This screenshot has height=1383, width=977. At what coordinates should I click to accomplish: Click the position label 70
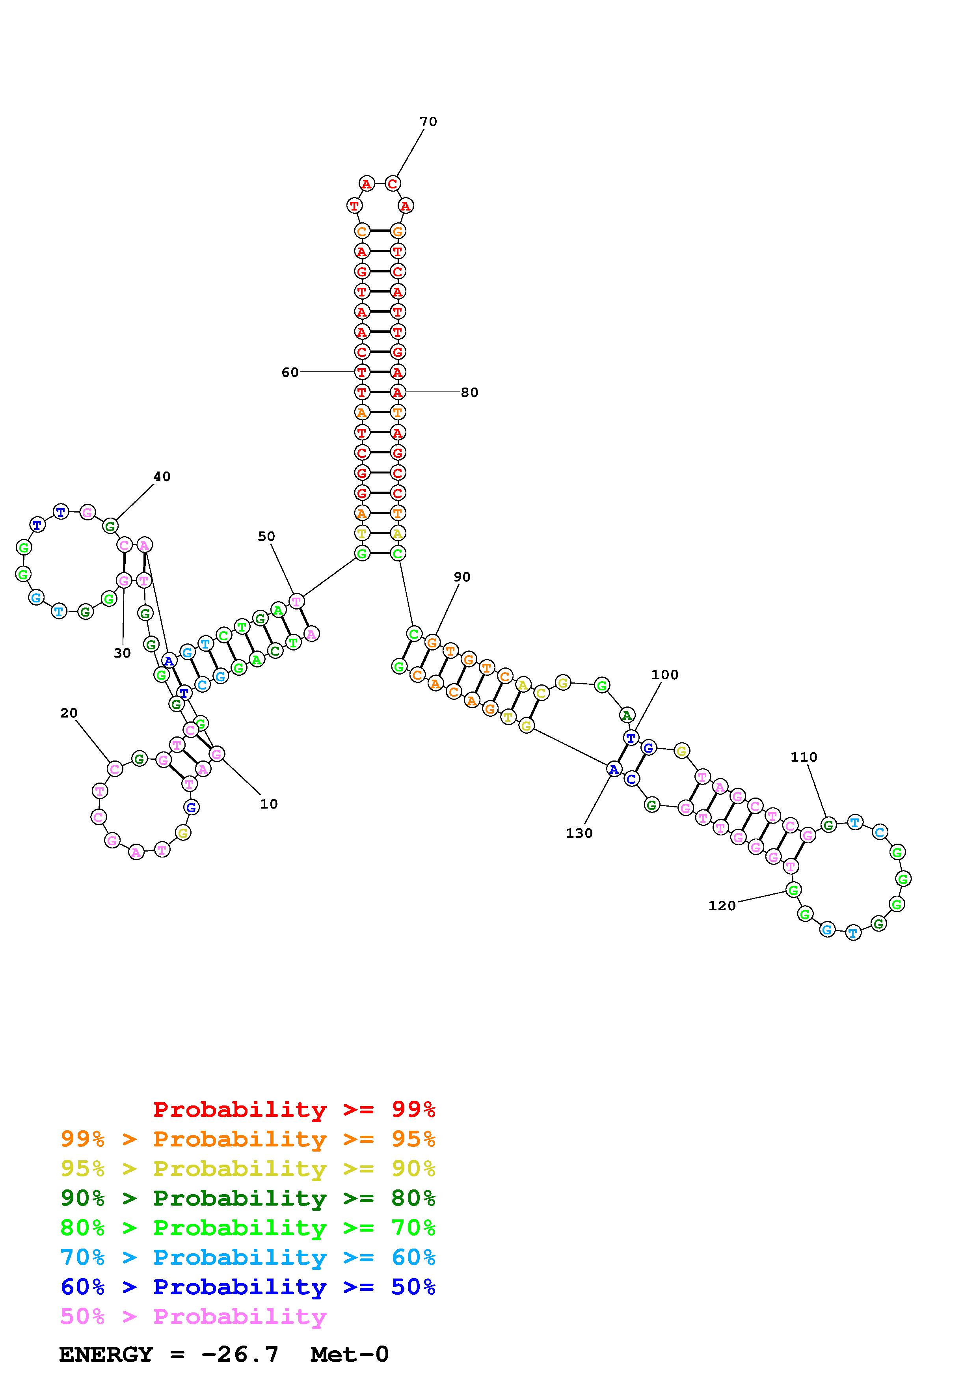(428, 122)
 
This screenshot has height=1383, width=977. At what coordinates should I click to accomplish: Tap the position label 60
(290, 372)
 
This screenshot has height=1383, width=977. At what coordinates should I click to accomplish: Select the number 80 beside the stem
(469, 393)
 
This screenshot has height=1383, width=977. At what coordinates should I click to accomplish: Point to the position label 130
(579, 833)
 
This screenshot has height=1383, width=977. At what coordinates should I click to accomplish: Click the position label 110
(804, 757)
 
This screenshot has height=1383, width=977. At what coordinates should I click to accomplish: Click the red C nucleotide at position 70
(393, 183)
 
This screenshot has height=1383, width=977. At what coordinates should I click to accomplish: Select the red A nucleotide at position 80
(397, 392)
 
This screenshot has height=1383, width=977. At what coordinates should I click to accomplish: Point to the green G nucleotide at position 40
(110, 526)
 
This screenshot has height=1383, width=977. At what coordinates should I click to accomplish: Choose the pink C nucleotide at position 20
(115, 769)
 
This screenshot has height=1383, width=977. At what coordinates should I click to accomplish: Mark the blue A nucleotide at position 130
(613, 769)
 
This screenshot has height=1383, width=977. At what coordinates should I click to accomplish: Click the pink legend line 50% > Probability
(193, 1317)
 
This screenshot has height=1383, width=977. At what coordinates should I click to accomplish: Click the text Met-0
(350, 1354)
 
